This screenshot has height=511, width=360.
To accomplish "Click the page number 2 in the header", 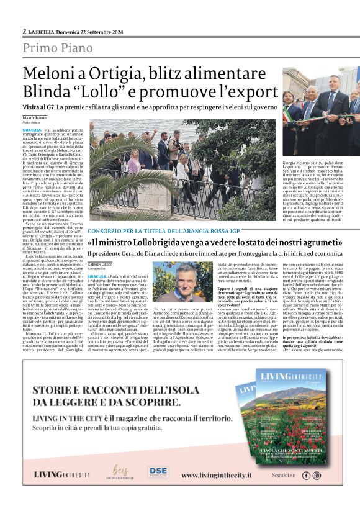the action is pos(24,31).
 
